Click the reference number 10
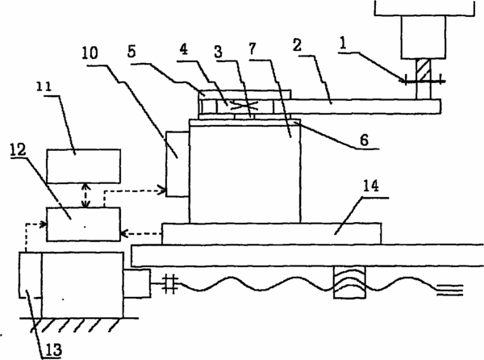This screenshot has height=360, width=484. pos(90,53)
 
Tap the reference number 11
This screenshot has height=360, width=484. pos(44,86)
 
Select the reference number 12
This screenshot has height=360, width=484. pos(18,150)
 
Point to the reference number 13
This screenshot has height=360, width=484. pos(53,350)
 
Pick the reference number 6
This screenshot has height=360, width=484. pos(365,140)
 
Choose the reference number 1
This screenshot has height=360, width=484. pos(342,43)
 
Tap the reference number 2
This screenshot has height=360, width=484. pos(297,45)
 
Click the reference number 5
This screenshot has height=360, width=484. pos(131,52)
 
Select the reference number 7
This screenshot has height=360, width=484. pos(252,48)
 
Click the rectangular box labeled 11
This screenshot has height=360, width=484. pos(83,166)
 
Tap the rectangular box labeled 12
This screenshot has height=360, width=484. pos(83,224)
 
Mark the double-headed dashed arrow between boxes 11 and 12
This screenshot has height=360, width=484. pos(86,195)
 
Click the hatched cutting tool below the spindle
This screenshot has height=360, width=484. pos(423,79)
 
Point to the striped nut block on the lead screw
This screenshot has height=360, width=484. pos(349,283)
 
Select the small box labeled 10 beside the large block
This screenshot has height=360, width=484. pos(177,164)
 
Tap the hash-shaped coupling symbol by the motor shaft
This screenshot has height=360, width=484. pos(169,283)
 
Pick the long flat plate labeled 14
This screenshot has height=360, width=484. pos(272,234)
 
